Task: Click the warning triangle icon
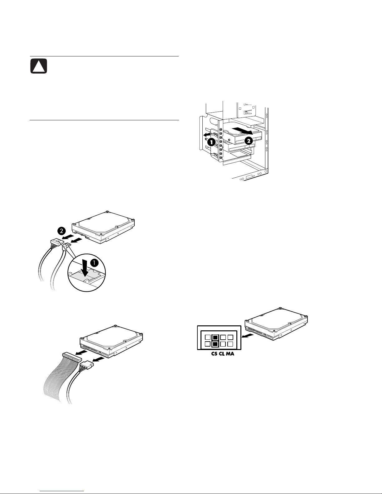pos(39,66)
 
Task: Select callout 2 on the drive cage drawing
pos(249,141)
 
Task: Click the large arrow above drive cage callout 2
pos(242,131)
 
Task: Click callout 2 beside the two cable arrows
pos(62,231)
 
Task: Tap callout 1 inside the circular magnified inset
pos(94,263)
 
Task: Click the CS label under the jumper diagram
pos(214,354)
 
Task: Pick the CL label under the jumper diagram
pos(222,354)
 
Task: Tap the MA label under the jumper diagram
pos(230,354)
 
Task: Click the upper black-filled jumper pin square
pos(215,337)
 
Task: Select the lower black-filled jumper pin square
pos(215,344)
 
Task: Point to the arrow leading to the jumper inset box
pos(248,335)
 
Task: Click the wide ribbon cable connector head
pos(72,357)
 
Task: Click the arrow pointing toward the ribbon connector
pos(81,352)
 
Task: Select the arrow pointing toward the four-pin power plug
pos(99,359)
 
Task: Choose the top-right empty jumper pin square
pos(230,337)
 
